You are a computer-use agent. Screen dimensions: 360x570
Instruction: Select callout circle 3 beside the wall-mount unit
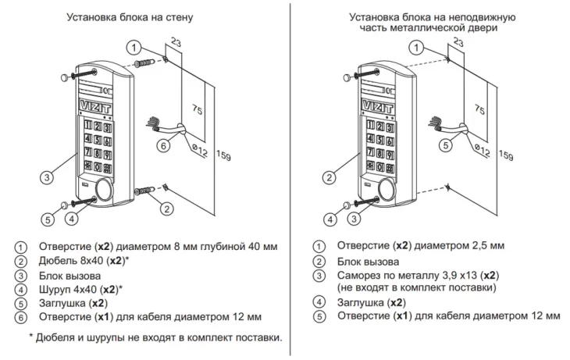(x=48, y=178)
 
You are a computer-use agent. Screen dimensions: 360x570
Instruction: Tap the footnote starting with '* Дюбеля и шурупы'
(x=155, y=337)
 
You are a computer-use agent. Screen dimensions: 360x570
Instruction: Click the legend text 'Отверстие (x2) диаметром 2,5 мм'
(x=415, y=248)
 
